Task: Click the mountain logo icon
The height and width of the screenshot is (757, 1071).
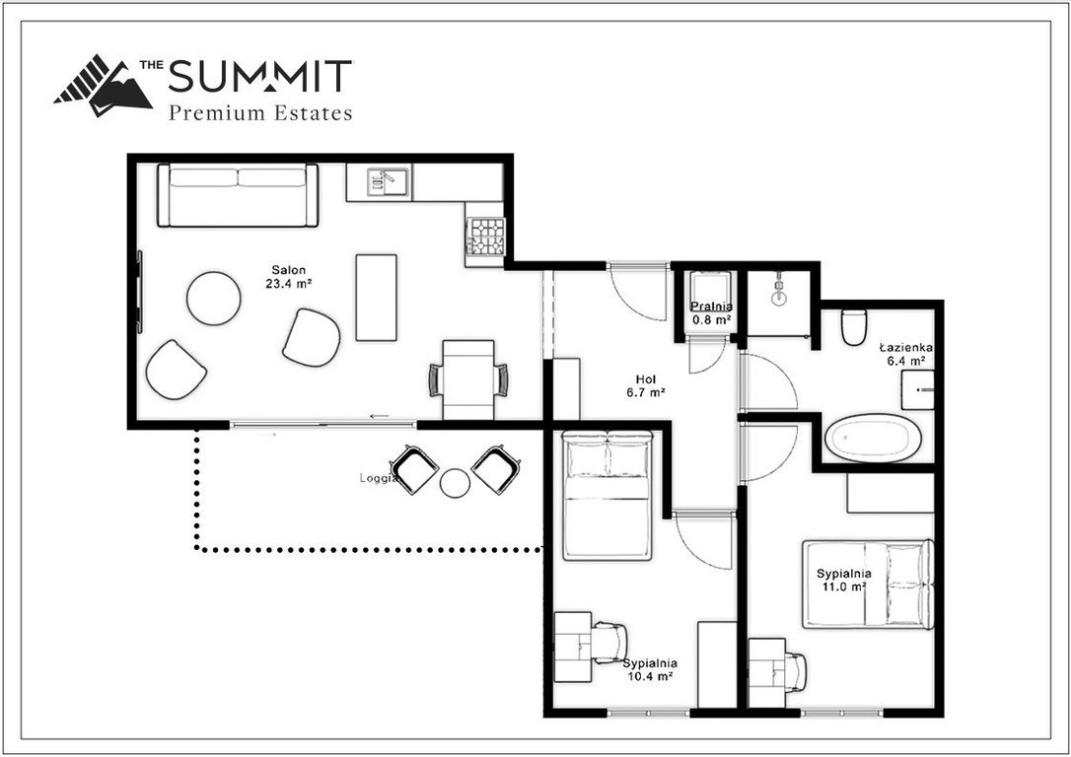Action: tap(104, 86)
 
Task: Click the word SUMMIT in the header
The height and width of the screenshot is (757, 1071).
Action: tap(259, 76)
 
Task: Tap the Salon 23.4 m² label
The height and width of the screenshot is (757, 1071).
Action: tap(289, 276)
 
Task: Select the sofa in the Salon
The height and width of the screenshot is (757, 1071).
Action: tap(238, 195)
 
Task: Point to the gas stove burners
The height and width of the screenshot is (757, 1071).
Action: tap(485, 237)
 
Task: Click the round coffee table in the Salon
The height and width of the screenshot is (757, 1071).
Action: tap(214, 299)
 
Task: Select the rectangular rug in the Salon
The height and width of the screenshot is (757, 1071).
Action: tap(377, 298)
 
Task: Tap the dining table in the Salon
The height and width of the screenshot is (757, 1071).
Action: tap(468, 379)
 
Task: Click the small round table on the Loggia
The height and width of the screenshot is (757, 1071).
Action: tap(455, 483)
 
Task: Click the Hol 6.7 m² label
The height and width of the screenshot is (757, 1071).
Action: tap(646, 385)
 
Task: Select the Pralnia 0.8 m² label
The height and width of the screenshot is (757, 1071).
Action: tap(712, 312)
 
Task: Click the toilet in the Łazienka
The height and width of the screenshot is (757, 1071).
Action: tap(854, 327)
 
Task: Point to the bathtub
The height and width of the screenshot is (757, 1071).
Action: tap(873, 439)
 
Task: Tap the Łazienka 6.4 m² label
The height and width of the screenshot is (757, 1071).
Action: tap(906, 354)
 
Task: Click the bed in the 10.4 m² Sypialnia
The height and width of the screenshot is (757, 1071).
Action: tap(607, 495)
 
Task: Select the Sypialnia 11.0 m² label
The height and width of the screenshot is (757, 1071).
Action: tap(844, 580)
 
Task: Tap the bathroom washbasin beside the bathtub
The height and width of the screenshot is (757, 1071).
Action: tap(917, 389)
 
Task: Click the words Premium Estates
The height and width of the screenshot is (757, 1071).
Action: tap(260, 112)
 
